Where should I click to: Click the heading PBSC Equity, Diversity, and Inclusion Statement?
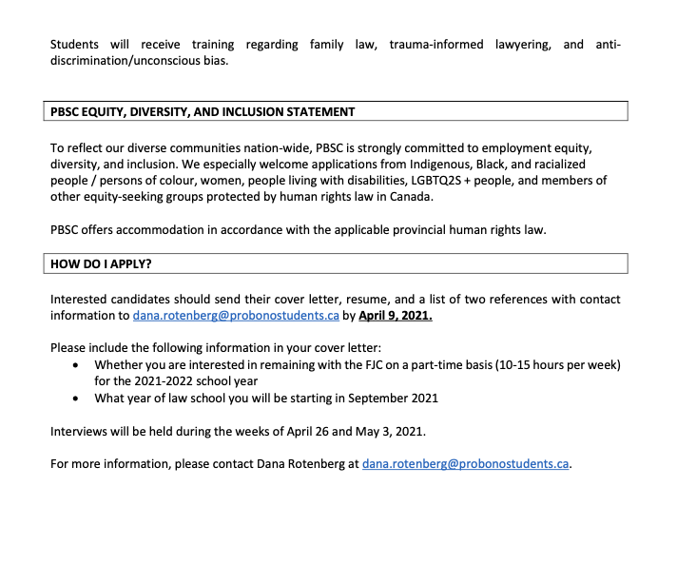pyautogui.click(x=203, y=111)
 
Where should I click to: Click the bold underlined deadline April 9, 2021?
pyautogui.click(x=395, y=317)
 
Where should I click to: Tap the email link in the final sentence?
pyautogui.click(x=466, y=464)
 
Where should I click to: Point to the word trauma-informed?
pyautogui.click(x=435, y=45)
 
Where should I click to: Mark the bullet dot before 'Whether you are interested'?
pyautogui.click(x=76, y=365)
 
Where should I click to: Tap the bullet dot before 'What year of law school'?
pyautogui.click(x=76, y=398)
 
